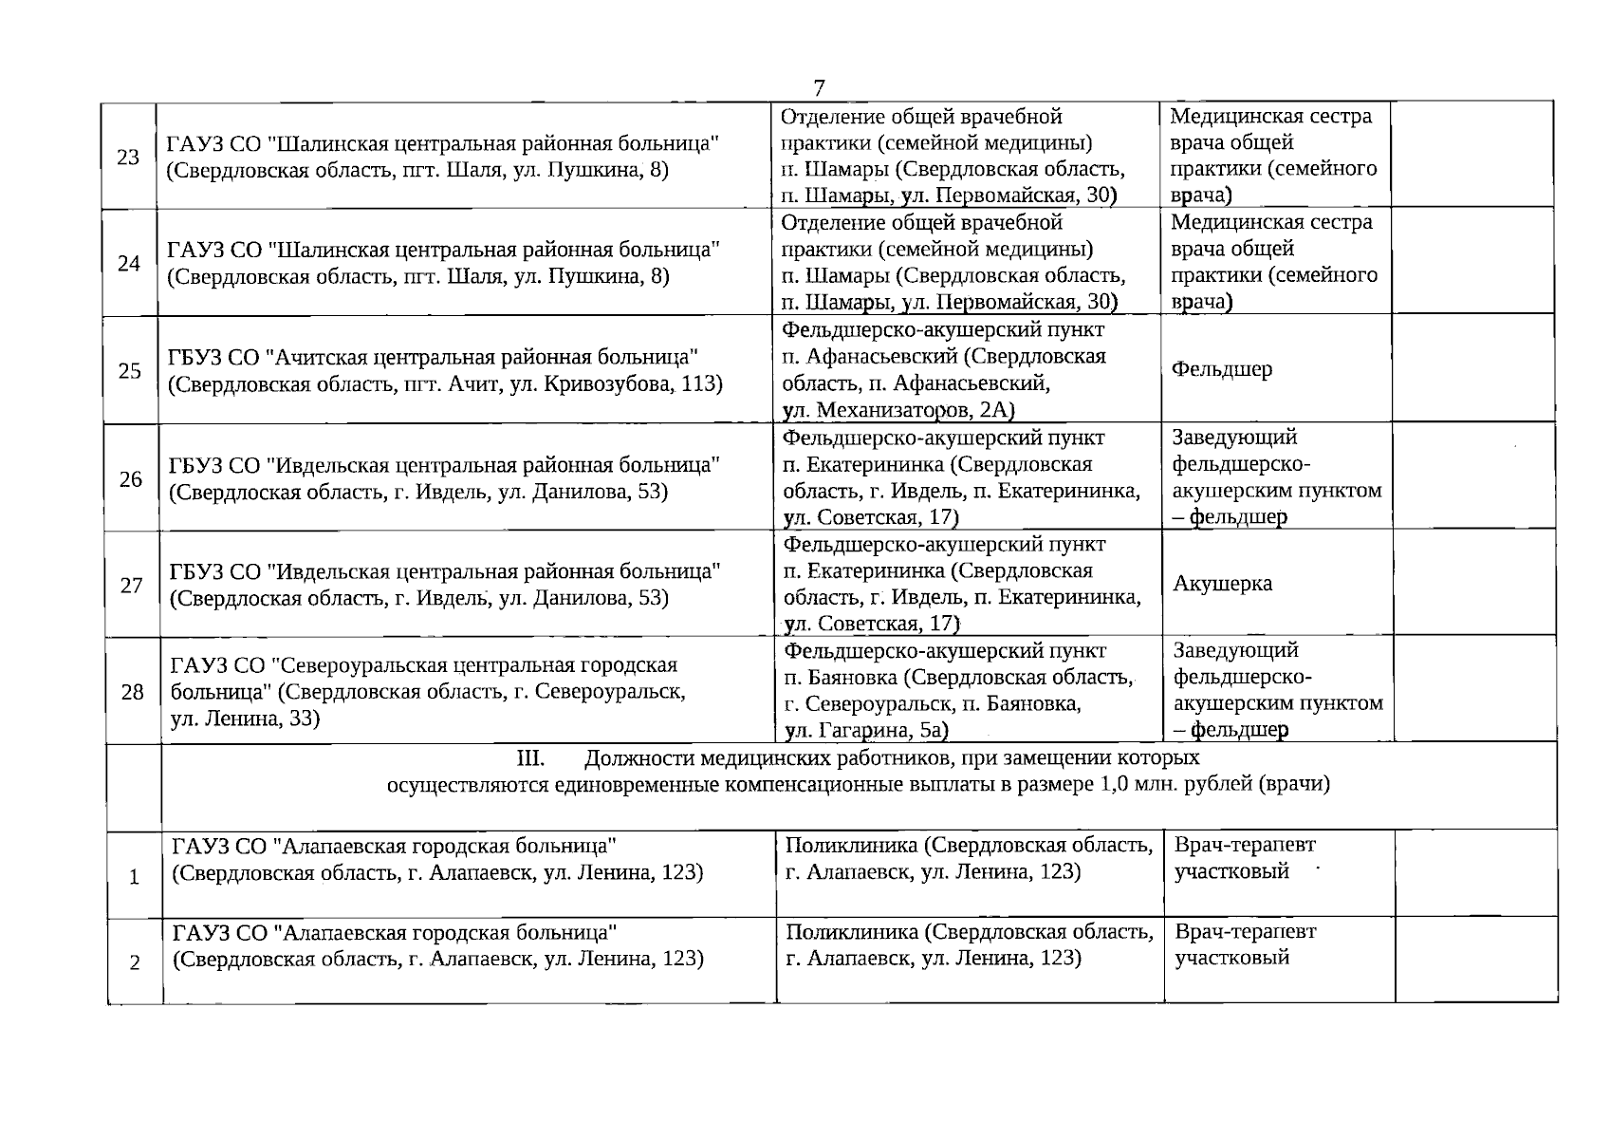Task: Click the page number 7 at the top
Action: click(819, 88)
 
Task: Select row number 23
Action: click(128, 158)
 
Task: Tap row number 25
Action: click(130, 371)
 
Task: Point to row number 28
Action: click(133, 692)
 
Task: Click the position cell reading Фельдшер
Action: click(1222, 369)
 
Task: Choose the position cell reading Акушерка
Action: click(1223, 584)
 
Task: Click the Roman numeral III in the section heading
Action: click(528, 758)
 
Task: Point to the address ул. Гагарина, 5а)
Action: click(867, 730)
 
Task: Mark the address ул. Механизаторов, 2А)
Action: click(898, 410)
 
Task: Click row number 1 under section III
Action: click(135, 877)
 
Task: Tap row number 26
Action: click(131, 478)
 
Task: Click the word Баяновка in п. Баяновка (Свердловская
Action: click(849, 678)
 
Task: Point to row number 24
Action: click(129, 264)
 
